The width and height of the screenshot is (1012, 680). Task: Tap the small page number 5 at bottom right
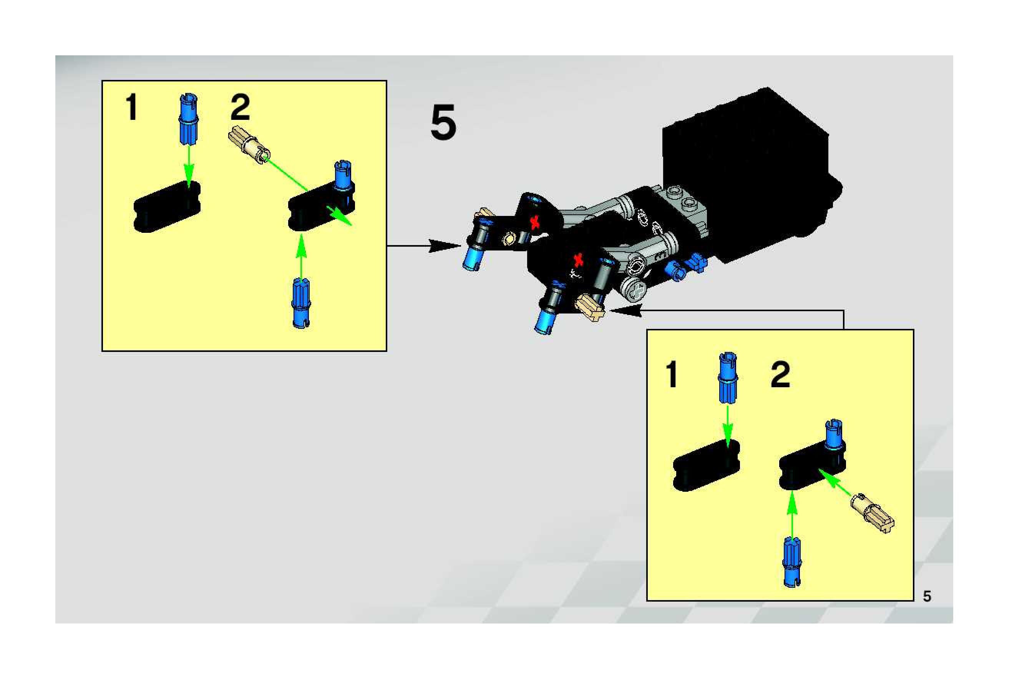pyautogui.click(x=927, y=596)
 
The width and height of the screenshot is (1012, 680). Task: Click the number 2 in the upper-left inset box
pyautogui.click(x=240, y=108)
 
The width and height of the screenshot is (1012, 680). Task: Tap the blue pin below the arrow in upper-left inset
pyautogui.click(x=301, y=303)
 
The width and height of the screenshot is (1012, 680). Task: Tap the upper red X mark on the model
pyautogui.click(x=536, y=222)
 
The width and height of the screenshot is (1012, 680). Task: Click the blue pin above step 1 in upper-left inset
pyautogui.click(x=189, y=119)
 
